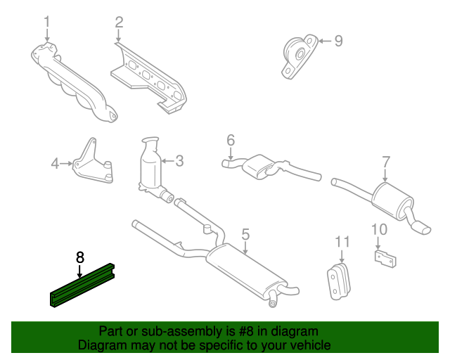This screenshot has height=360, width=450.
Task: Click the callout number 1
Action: pyautogui.click(x=47, y=22)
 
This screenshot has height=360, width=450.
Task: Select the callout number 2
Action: pyautogui.click(x=119, y=22)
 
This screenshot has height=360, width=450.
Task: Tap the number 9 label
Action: pyautogui.click(x=339, y=41)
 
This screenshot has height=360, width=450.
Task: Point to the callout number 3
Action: pyautogui.click(x=180, y=161)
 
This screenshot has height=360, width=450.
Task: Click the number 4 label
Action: pyautogui.click(x=55, y=164)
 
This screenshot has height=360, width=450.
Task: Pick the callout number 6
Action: pyautogui.click(x=231, y=141)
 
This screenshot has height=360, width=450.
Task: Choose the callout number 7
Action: pyautogui.click(x=386, y=162)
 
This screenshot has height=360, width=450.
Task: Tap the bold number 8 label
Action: pyautogui.click(x=79, y=257)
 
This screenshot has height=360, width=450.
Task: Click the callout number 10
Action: pyautogui.click(x=379, y=230)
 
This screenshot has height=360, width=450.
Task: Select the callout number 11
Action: pyautogui.click(x=342, y=242)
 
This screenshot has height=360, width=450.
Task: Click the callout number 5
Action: pyautogui.click(x=245, y=235)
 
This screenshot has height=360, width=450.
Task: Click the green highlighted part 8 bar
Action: pyautogui.click(x=82, y=285)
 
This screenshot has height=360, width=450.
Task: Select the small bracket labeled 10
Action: pyautogui.click(x=385, y=259)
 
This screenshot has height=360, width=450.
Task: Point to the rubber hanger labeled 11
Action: pyautogui.click(x=338, y=281)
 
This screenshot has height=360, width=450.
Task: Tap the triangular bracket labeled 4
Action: pyautogui.click(x=92, y=163)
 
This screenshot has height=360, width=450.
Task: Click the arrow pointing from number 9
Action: pyautogui.click(x=325, y=41)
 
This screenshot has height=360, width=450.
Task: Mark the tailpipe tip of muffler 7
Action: pyautogui.click(x=421, y=229)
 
